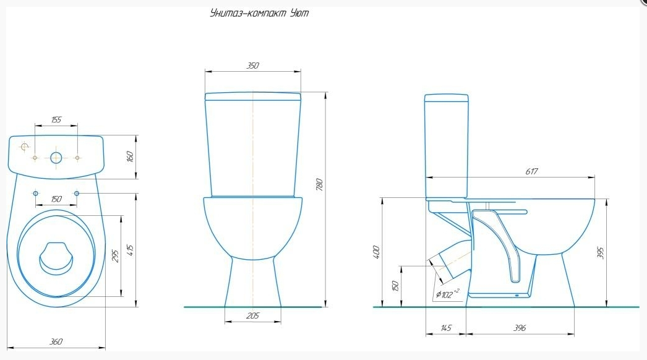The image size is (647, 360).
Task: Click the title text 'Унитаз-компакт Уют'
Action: [259, 13]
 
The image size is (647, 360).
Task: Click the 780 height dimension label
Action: [319, 184]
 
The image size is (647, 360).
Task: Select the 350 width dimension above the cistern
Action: [252, 66]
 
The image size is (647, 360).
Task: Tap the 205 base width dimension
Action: [252, 316]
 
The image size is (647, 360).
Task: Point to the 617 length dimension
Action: [531, 171]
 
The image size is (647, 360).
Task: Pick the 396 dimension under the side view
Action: [520, 328]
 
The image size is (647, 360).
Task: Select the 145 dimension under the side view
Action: [446, 328]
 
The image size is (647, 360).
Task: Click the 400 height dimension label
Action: [376, 252]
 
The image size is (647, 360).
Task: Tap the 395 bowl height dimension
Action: [601, 252]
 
